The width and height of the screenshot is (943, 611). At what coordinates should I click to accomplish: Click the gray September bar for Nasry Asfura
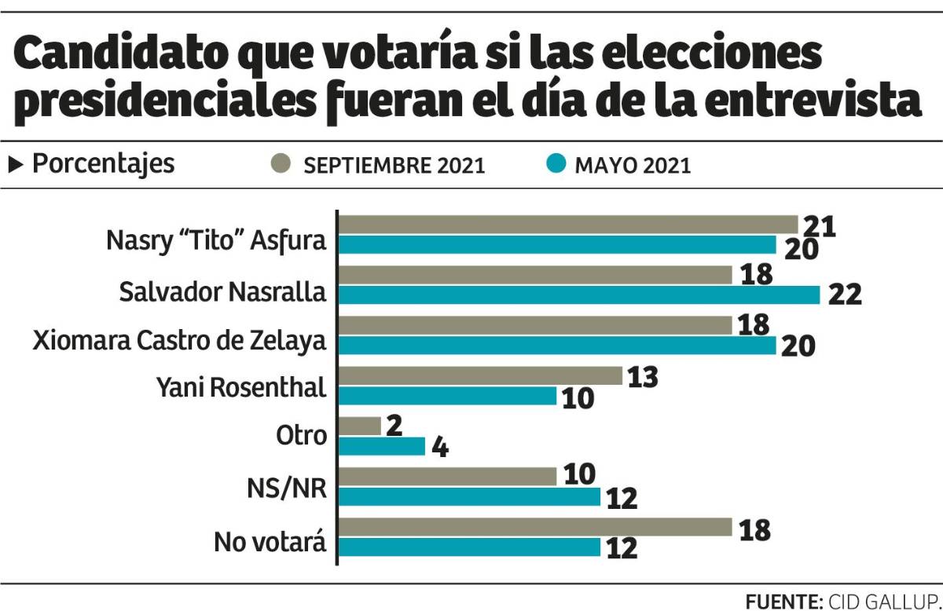(567, 225)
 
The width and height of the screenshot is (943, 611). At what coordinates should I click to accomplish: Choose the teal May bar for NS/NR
(469, 497)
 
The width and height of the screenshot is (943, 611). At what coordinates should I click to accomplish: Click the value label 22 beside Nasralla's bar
(845, 294)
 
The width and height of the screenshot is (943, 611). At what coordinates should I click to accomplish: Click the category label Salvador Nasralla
(222, 291)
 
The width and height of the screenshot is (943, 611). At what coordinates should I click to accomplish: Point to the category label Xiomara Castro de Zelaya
(179, 342)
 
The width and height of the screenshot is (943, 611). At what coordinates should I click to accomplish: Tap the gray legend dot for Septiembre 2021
(280, 164)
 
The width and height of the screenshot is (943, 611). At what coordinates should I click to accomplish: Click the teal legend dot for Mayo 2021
(556, 164)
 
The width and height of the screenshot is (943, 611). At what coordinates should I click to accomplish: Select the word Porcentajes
(103, 164)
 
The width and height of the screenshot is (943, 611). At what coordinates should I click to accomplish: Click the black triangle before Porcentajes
(16, 164)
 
